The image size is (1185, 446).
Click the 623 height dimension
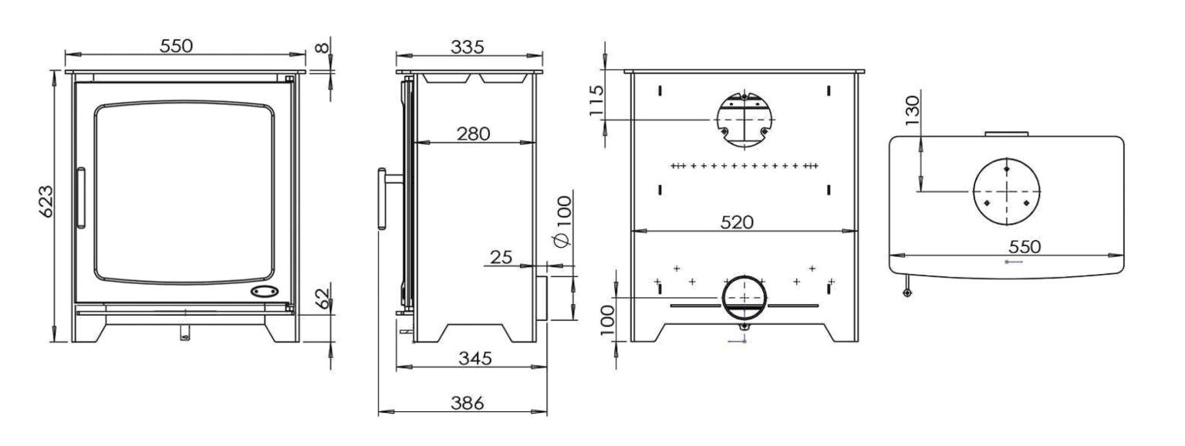pyautogui.click(x=46, y=202)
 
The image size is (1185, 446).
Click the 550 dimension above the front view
pyautogui.click(x=176, y=46)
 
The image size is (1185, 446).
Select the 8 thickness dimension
pyautogui.click(x=322, y=46)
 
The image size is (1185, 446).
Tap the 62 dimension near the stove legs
pyautogui.click(x=324, y=299)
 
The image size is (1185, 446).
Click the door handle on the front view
pyautogui.click(x=80, y=197)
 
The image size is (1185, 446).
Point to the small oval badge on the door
pyautogui.click(x=265, y=292)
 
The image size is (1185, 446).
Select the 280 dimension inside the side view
pyautogui.click(x=473, y=133)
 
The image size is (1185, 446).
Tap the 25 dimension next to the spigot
pyautogui.click(x=501, y=256)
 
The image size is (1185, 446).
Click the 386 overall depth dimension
pyautogui.click(x=467, y=402)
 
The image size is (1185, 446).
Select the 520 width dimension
pyautogui.click(x=737, y=221)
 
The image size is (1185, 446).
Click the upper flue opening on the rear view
pyautogui.click(x=744, y=120)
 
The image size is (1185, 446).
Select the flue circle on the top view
pyautogui.click(x=1006, y=191)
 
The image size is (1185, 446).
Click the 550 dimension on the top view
pyautogui.click(x=1024, y=246)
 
